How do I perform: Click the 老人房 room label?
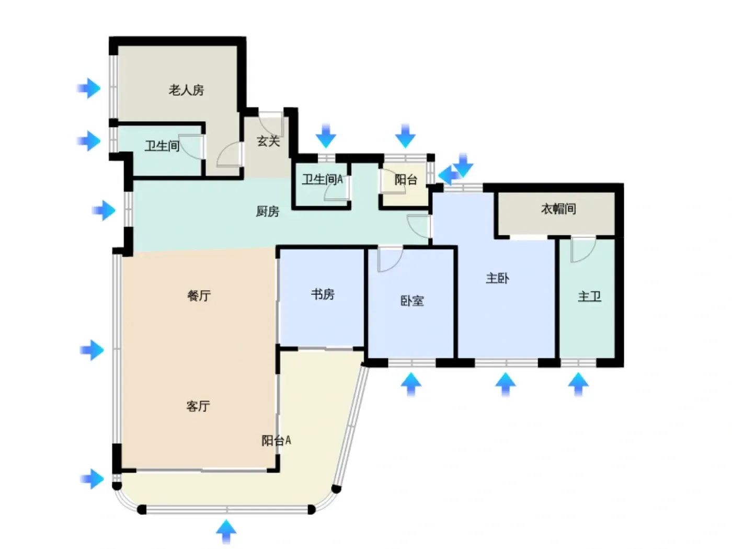click(186, 90)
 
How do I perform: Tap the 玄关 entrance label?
click(268, 141)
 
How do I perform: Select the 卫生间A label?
click(322, 179)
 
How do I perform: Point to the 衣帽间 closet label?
click(558, 209)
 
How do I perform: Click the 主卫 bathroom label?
click(589, 296)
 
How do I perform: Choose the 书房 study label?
click(323, 294)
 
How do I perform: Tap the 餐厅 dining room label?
click(199, 295)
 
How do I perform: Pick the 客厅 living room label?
click(198, 406)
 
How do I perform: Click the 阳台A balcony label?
click(276, 441)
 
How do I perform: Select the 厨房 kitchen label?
click(268, 211)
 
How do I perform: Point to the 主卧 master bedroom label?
click(497, 278)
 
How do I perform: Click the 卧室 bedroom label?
click(412, 301)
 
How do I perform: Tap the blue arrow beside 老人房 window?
click(89, 88)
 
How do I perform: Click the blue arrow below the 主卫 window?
click(578, 385)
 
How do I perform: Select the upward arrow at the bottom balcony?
click(226, 531)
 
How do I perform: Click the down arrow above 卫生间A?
click(326, 136)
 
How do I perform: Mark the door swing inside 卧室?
click(389, 259)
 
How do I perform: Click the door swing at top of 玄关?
click(271, 124)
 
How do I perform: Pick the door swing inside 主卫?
click(583, 249)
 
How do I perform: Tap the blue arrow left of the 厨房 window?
click(104, 210)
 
